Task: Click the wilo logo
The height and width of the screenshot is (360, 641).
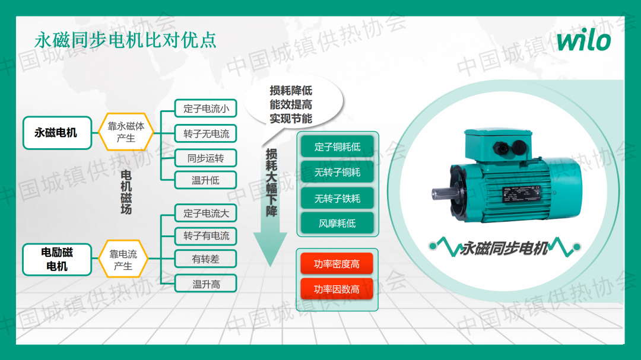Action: click(583, 40)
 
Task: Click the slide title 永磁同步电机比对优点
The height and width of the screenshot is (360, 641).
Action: click(125, 40)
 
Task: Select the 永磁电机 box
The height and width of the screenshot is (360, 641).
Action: click(57, 132)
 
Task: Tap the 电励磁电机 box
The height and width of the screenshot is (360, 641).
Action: click(57, 259)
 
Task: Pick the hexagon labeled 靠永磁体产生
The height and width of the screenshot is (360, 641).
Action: click(126, 132)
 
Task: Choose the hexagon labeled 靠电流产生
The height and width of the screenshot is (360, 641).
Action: click(123, 259)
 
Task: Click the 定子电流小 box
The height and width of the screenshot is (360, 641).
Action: click(206, 109)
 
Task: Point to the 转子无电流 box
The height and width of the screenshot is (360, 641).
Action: click(206, 133)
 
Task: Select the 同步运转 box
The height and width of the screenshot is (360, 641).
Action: click(206, 158)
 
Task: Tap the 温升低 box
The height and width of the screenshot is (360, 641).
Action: click(206, 180)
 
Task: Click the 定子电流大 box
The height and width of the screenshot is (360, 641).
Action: click(206, 213)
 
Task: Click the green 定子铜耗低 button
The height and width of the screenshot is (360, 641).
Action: click(337, 146)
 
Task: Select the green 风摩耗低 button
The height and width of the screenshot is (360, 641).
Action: click(337, 223)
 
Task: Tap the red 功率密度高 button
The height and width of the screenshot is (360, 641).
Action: click(337, 263)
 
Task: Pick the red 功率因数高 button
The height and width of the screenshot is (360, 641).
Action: click(337, 289)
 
